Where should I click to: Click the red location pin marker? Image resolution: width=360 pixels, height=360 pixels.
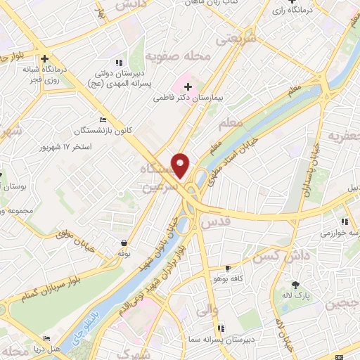[181, 166]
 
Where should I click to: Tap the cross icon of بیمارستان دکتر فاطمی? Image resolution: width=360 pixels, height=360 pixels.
[187, 87]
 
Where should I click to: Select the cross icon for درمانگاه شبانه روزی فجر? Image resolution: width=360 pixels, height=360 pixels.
[44, 59]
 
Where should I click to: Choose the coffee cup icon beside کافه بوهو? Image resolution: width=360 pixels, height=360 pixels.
[228, 268]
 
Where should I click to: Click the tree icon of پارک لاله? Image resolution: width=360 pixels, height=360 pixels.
[295, 285]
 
